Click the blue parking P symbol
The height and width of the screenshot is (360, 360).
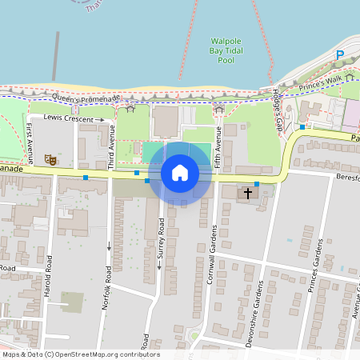pyautogui.click(x=339, y=55)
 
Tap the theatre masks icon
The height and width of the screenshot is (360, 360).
pyautogui.click(x=50, y=160)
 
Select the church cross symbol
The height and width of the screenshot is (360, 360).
pyautogui.click(x=248, y=193)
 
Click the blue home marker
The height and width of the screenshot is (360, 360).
pyautogui.click(x=180, y=172)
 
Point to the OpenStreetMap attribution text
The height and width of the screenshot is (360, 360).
pyautogui.click(x=80, y=354)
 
